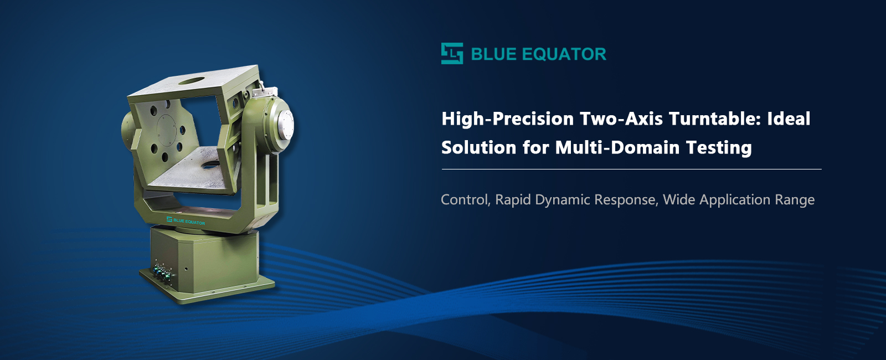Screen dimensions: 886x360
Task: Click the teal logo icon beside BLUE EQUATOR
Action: (452, 53)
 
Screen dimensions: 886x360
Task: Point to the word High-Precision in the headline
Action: (507, 119)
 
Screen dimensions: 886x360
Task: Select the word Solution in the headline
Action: (478, 147)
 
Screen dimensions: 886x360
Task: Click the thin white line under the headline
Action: (631, 169)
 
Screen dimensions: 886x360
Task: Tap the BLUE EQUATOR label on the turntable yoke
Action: (186, 221)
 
